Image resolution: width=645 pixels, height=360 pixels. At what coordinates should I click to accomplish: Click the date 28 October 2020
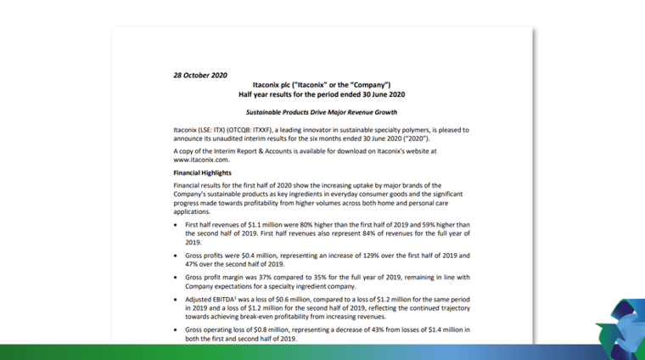point(200,75)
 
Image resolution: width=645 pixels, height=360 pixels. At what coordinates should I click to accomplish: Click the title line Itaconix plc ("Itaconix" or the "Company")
point(322,86)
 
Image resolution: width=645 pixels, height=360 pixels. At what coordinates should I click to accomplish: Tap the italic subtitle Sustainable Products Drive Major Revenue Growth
point(322,112)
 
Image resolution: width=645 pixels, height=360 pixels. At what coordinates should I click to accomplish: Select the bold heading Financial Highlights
point(202,172)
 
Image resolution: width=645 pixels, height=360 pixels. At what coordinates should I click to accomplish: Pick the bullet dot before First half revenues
point(176,224)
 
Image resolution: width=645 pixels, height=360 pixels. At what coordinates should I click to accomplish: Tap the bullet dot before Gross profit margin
point(176,277)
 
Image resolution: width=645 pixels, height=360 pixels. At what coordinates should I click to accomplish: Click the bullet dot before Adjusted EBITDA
point(176,300)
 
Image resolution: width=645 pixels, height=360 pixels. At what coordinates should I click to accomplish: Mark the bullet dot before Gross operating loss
point(176,329)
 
